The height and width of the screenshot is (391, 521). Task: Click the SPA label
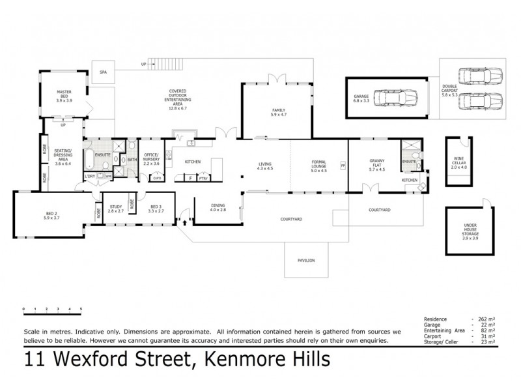[x=103, y=72]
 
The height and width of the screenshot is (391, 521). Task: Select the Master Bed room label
[x=64, y=97]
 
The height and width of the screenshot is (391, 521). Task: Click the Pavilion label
[x=306, y=260]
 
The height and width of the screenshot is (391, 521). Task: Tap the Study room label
[x=116, y=209]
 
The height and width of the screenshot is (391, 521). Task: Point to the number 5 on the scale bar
[x=81, y=308]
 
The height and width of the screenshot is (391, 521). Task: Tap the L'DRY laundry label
[x=90, y=176]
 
